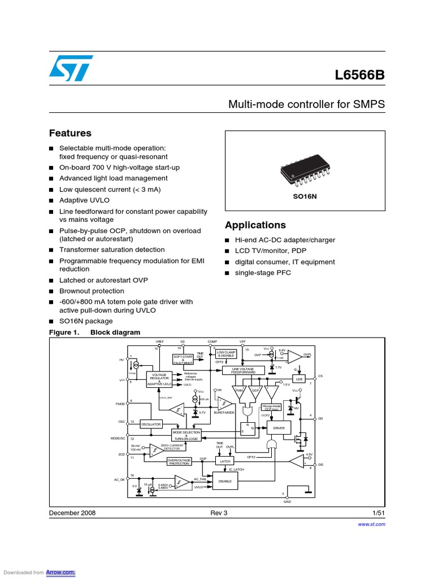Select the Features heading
pos(70,133)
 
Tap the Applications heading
pos(255,225)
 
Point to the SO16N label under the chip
pos(305,196)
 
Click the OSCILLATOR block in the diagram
pos(151,424)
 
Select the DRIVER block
pos(279,428)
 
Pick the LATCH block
pos(225,461)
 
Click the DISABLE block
pos(225,481)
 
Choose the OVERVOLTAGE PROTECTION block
pos(179,461)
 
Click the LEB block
pos(298,379)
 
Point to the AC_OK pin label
pos(118,479)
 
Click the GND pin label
pos(287,502)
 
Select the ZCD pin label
pos(121,454)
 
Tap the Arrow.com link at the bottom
pos(64,572)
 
